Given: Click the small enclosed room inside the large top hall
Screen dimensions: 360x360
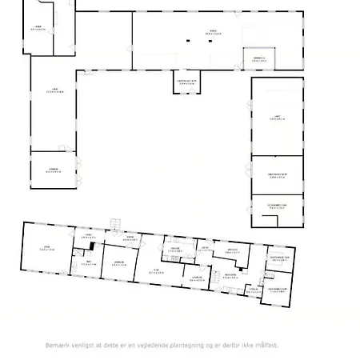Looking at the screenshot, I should (x=258, y=58).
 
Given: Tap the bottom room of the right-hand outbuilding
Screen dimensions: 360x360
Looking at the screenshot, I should (x=278, y=206).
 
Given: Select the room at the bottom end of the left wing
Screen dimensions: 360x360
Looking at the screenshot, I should (x=52, y=170).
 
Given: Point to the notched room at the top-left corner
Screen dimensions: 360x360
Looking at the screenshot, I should (x=38, y=30).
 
